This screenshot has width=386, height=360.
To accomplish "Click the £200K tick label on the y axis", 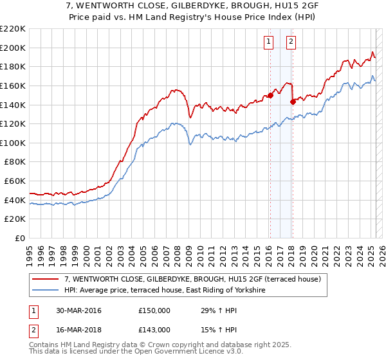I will [x=13, y=48].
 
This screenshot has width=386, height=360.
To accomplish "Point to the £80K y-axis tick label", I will [x=15, y=162].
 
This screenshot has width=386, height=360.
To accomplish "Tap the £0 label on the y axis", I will [x=20, y=239].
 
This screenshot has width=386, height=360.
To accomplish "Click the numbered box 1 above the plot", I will [x=268, y=42].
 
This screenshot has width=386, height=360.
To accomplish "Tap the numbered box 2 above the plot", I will [x=291, y=42].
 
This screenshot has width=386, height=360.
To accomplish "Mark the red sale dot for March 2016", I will [x=270, y=95].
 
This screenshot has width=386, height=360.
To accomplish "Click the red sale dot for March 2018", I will [x=293, y=101].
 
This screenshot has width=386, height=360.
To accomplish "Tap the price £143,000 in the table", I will [x=154, y=329].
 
